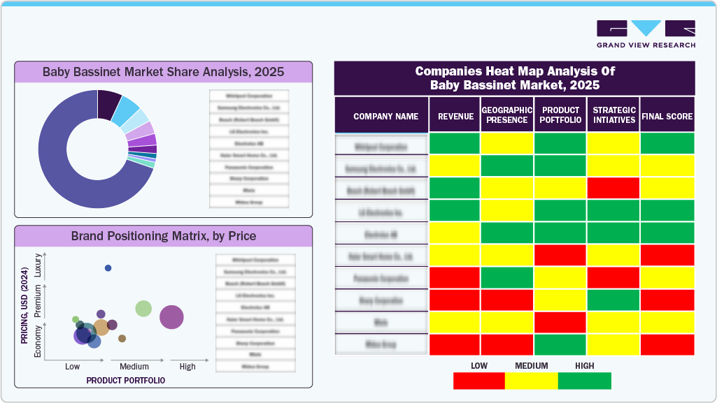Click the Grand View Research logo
[x=646, y=34]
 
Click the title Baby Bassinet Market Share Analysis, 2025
[x=163, y=71]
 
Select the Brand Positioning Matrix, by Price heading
[x=163, y=235]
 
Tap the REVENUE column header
[x=455, y=117]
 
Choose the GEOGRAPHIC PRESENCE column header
[x=507, y=115]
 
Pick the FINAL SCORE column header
[x=667, y=117]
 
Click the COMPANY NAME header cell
[x=385, y=117]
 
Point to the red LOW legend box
[x=479, y=381]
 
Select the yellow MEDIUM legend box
[x=532, y=381]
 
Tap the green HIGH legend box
[x=584, y=381]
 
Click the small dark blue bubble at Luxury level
[x=108, y=268]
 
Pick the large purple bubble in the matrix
[x=171, y=317]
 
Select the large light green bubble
[x=143, y=308]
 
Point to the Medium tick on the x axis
[x=134, y=367]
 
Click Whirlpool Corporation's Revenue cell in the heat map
[x=454, y=144]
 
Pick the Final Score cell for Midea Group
[x=667, y=345]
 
